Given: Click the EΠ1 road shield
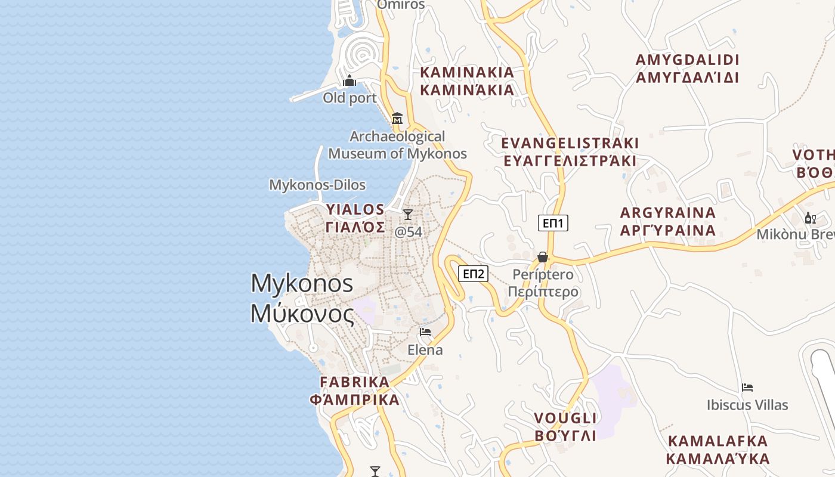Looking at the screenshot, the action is coord(553,223).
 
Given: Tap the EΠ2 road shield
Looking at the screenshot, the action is coord(473,274).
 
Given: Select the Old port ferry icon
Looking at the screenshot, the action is coord(350,80).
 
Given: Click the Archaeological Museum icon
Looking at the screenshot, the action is coord(397,118).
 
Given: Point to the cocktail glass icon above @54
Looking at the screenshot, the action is coord(408,214).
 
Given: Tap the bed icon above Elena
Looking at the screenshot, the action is coord(425,332).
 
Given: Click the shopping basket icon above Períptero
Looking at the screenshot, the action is coord(543,257).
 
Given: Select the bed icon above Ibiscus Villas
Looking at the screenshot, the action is coord(747,388).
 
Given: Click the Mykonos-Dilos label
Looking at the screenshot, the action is coord(317,185).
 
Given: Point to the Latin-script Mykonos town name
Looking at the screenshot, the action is coord(302,283).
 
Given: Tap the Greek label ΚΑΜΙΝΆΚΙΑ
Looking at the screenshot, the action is coord(467,90).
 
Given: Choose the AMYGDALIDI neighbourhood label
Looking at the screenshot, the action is coord(687,60).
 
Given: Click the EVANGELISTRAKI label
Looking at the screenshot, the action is coord(570,143).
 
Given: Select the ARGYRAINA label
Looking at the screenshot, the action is coord(667,213).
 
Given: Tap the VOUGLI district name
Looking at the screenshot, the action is coord(565,417).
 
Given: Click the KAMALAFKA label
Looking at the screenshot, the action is coord(718,441).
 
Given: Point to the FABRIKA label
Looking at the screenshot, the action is coord(354,382).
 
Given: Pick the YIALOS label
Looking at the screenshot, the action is coord(355,209).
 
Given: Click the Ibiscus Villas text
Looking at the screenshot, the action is coord(747,405).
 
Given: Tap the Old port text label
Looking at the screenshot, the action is coord(350,98).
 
